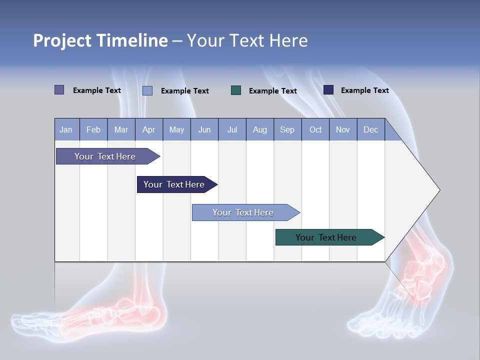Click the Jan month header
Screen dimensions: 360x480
tap(66, 129)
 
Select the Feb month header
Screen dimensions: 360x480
tap(93, 129)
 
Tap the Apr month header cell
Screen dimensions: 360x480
tap(148, 129)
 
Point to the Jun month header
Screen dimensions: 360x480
tap(204, 129)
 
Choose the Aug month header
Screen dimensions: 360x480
tap(259, 129)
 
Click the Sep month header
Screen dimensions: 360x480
tap(287, 129)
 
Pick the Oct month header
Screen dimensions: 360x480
tap(315, 129)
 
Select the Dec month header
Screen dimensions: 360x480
tap(370, 129)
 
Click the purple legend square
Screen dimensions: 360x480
tap(59, 90)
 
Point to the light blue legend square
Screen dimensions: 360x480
tap(147, 90)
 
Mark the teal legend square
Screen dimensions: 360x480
tap(236, 90)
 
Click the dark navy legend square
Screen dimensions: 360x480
tap(328, 90)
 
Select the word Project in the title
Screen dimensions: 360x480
tap(62, 40)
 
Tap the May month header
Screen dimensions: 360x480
tap(176, 129)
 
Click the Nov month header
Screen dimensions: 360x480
tap(343, 129)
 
